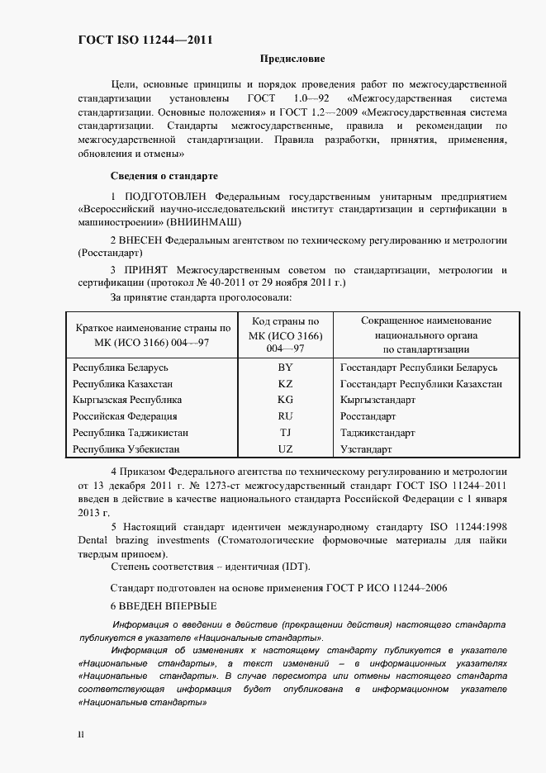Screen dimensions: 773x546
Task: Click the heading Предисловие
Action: [x=292, y=59]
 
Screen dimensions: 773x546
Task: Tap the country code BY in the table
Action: [x=285, y=368]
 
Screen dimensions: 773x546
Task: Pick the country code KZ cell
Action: [x=285, y=384]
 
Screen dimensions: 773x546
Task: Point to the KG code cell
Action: [x=285, y=400]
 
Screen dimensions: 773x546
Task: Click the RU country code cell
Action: [x=285, y=416]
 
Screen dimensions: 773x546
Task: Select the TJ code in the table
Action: [x=285, y=433]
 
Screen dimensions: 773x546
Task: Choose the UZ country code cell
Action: [x=285, y=449]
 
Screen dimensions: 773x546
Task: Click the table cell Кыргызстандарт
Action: [x=377, y=400]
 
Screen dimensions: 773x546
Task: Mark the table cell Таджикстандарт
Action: [x=377, y=433]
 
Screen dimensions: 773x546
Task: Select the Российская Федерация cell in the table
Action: [x=125, y=416]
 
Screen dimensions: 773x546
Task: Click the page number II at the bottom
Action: [x=81, y=733]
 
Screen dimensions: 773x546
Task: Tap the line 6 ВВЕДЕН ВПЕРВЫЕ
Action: [x=164, y=605]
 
